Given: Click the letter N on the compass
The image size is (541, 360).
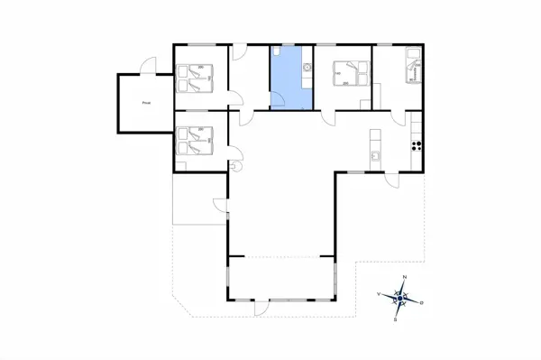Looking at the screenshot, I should click(x=405, y=276).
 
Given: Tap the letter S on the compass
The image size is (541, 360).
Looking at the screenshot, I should click(x=397, y=319).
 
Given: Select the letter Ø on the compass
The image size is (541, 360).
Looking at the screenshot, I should click(x=424, y=302).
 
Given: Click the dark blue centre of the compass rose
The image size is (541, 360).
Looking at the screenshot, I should click(x=400, y=298).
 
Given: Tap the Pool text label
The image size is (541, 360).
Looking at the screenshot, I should click(x=147, y=103).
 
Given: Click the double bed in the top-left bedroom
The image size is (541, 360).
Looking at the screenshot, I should click(x=196, y=78).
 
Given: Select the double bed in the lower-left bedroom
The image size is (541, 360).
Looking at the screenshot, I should click(x=196, y=143).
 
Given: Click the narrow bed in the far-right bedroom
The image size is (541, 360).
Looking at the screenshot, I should click(x=414, y=68).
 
